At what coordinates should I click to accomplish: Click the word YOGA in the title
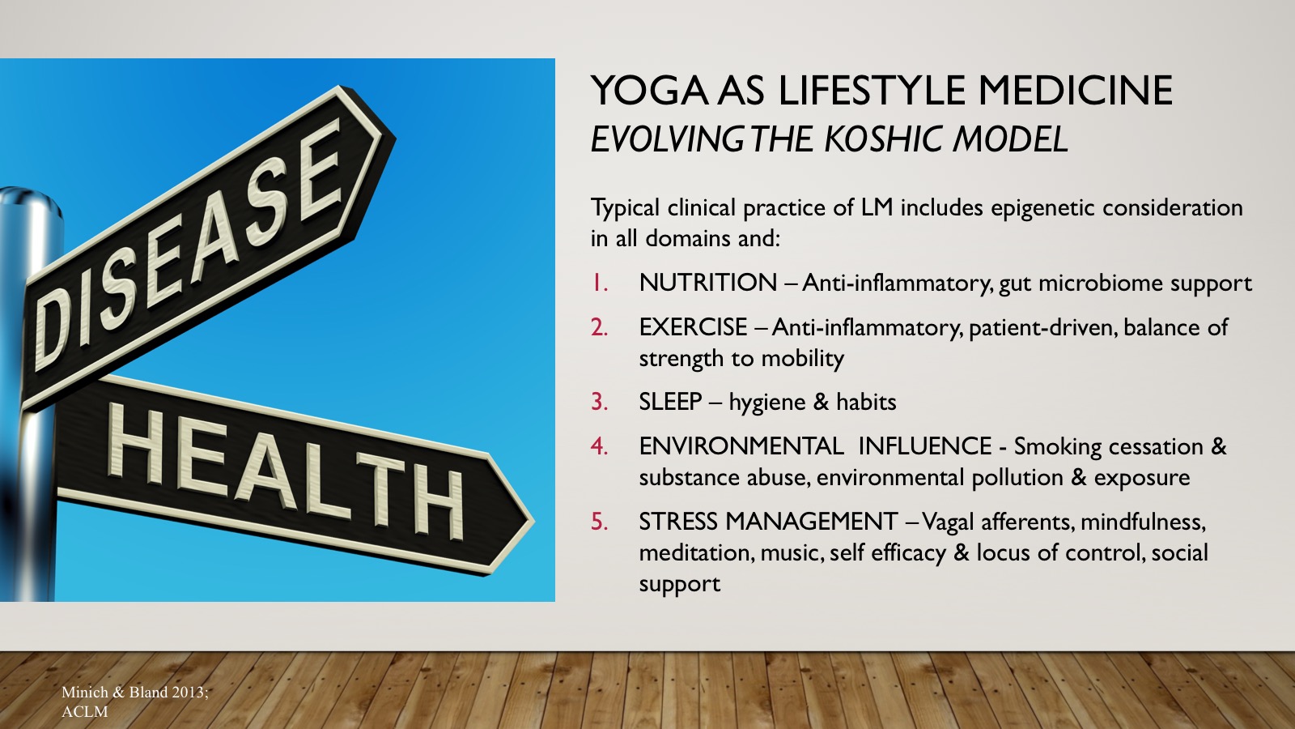point(649,91)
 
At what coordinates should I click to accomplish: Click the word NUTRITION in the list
point(708,283)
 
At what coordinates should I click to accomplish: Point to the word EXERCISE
point(693,327)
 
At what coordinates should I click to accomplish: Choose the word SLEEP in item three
point(671,402)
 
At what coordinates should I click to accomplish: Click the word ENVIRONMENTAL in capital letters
point(741,446)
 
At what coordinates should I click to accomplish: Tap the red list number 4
point(599,446)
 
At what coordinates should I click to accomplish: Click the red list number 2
point(599,327)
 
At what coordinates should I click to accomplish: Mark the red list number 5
point(599,522)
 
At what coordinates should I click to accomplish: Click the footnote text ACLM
point(84,712)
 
